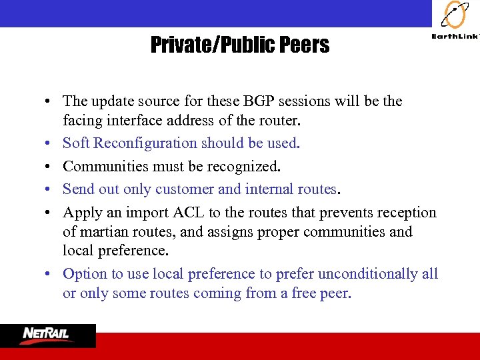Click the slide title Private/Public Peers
tap(240, 45)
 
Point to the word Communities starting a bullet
tap(99, 166)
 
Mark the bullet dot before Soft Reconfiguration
tap(50, 143)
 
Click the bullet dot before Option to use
tap(50, 275)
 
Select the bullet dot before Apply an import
tap(50, 213)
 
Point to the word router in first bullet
tap(283, 121)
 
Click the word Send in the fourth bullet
tap(77, 189)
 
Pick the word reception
tap(407, 213)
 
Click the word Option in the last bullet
tap(83, 274)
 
